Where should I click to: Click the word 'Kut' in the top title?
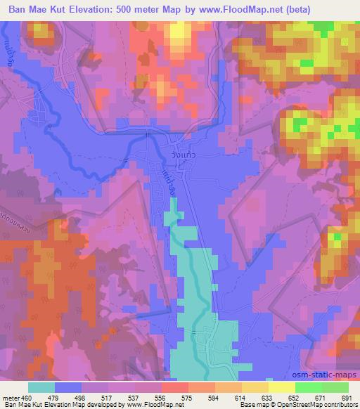(63, 8)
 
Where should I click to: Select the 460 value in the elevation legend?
(30, 398)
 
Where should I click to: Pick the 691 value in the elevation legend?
(347, 398)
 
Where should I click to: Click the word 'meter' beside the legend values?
(12, 398)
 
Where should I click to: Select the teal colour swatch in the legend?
(41, 387)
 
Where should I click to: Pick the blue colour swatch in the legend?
(68, 387)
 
